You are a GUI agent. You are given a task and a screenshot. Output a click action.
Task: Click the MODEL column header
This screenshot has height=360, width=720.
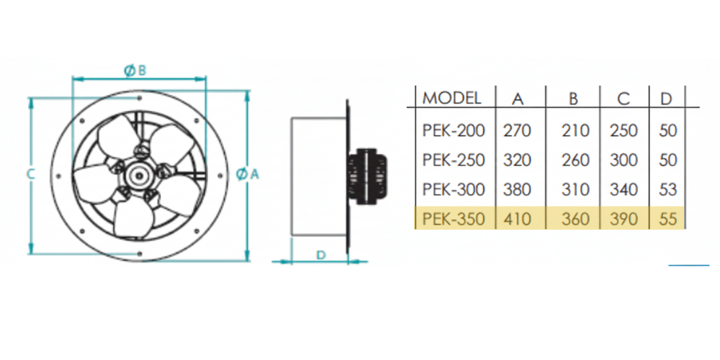click(452, 98)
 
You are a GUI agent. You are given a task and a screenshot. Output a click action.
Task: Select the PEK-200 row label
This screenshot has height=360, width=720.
click(453, 131)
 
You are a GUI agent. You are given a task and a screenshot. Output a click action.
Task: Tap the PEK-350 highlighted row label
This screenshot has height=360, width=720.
click(453, 219)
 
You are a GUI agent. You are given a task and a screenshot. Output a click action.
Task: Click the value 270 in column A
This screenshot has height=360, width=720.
click(517, 131)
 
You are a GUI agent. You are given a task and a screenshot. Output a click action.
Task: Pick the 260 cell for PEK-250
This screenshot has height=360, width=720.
click(575, 161)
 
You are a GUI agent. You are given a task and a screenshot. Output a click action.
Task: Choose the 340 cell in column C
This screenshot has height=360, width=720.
click(624, 189)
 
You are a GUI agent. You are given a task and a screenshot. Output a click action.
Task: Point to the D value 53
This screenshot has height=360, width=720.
click(667, 189)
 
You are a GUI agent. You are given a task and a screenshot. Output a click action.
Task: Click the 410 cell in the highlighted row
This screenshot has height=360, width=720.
click(517, 219)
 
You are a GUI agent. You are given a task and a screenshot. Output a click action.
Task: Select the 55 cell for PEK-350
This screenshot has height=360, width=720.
click(667, 219)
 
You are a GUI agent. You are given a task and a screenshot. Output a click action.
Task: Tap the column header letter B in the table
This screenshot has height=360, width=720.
click(574, 99)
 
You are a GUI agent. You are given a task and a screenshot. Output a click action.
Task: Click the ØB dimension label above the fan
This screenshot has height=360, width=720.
click(135, 70)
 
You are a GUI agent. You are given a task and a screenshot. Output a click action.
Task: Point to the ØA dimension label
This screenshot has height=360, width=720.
click(248, 174)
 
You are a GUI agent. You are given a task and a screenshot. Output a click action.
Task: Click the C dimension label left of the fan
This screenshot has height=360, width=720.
click(30, 174)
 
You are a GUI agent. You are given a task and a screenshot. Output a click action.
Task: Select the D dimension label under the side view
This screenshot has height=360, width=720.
click(321, 254)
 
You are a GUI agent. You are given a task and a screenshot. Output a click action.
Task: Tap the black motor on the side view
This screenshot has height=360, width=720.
click(368, 176)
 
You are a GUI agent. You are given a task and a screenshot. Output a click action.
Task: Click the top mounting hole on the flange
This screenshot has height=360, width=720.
click(140, 98)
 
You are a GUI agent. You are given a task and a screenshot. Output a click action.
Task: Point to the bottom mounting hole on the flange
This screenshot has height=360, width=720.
click(140, 251)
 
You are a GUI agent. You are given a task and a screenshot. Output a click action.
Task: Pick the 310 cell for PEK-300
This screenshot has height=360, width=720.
click(575, 189)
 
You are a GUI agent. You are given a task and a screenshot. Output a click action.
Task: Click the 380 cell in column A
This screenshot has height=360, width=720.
click(517, 189)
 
